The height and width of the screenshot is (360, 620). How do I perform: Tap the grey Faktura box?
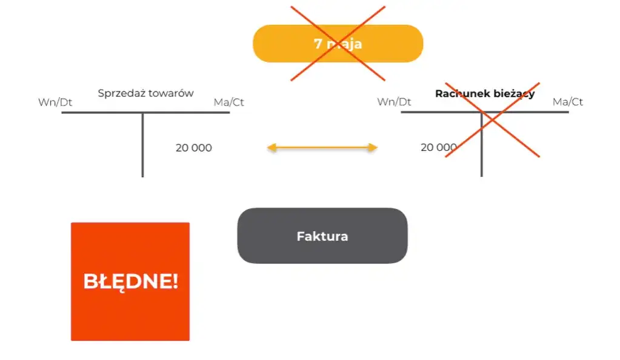click(x=322, y=236)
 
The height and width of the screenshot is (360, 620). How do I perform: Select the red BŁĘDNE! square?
click(x=130, y=281)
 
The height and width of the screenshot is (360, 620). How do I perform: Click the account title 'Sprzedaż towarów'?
click(x=145, y=93)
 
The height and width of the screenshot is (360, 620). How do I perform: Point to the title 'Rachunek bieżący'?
click(x=485, y=94)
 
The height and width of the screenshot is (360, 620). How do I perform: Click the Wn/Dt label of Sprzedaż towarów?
click(x=55, y=102)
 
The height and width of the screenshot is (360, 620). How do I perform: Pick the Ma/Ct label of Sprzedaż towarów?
click(x=228, y=102)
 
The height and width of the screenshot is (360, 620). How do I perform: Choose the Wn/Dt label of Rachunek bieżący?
click(x=394, y=102)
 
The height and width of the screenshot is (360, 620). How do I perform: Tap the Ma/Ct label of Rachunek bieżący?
click(x=567, y=102)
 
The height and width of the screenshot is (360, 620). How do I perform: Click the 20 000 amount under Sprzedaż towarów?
click(x=194, y=147)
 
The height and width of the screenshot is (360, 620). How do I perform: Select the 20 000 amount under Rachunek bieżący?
click(x=438, y=147)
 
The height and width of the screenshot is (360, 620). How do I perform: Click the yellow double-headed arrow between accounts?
click(x=322, y=147)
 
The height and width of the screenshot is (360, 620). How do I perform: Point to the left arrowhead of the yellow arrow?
click(x=271, y=147)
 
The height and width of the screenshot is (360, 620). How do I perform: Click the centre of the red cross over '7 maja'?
click(x=338, y=43)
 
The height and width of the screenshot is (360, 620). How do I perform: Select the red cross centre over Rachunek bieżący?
click(x=492, y=120)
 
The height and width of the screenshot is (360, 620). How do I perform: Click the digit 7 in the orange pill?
click(x=318, y=44)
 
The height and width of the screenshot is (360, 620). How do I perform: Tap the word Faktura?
click(x=322, y=236)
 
